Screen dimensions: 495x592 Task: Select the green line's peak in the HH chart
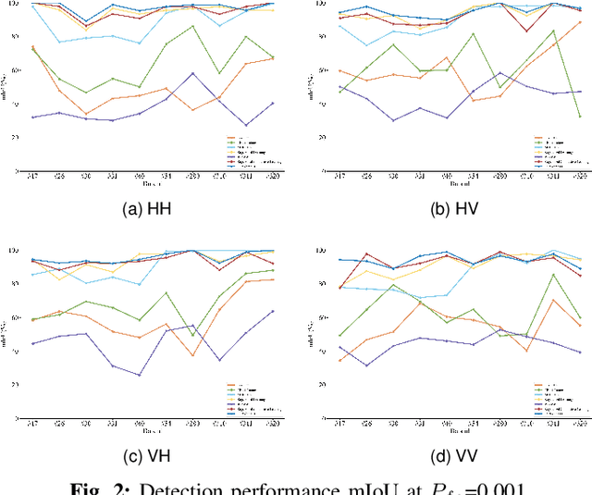point(192,26)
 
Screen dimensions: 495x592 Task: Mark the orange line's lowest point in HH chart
point(86,114)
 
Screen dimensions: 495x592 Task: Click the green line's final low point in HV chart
point(580,117)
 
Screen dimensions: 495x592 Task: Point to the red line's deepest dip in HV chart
point(527,31)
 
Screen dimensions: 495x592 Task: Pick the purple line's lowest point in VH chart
point(140,375)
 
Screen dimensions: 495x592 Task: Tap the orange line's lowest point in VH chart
point(192,355)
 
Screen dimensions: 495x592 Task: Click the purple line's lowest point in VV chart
point(365,365)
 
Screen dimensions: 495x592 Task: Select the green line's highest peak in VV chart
point(553,274)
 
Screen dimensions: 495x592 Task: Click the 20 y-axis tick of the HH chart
point(21,137)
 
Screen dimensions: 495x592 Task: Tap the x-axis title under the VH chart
point(152,430)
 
